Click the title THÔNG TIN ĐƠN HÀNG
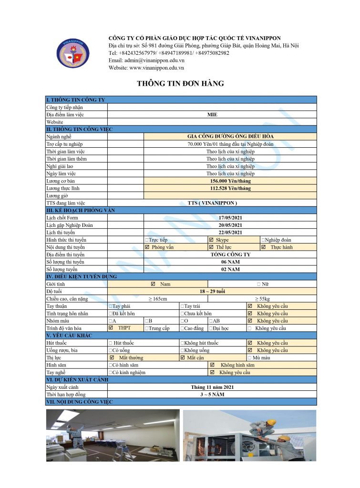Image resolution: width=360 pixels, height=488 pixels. coord(180,83)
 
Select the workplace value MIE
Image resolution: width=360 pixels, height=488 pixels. coord(212,115)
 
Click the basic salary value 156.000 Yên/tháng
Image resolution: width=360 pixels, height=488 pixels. coord(230,181)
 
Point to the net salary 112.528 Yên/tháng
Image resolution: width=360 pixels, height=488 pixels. coord(230,188)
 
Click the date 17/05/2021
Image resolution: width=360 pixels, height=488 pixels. coord(230,218)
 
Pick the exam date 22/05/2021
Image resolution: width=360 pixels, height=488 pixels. coord(230,233)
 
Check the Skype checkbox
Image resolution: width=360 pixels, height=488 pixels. coord(211,240)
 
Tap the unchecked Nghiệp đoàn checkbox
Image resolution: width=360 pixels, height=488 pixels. coord(263,240)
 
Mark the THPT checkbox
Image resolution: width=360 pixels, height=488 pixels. coord(111,328)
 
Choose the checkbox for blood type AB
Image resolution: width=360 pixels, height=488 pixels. coord(211,321)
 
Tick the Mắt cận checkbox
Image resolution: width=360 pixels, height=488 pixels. coord(183,357)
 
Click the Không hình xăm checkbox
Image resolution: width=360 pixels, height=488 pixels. coord(212,365)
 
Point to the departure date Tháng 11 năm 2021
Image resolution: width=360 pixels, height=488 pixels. coord(212,387)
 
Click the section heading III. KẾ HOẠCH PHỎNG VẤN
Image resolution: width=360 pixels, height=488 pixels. coord(81,210)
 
